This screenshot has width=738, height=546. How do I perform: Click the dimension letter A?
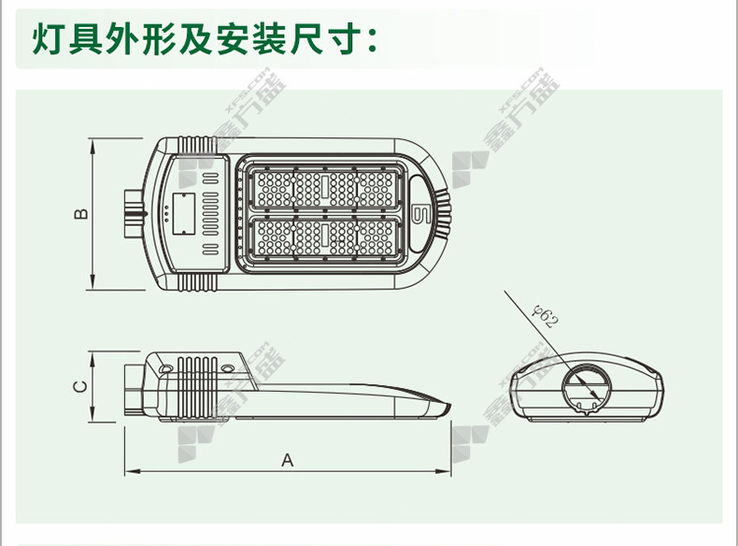click(x=288, y=460)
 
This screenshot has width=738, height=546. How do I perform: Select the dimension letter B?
click(x=81, y=213)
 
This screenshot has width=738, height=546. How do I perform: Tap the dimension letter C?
click(x=81, y=385)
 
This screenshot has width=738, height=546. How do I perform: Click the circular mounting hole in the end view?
click(x=586, y=387)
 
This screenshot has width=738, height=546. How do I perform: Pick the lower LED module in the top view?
click(x=325, y=239)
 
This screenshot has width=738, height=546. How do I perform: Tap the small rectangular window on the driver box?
click(x=182, y=213)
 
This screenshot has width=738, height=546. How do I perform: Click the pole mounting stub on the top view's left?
click(x=132, y=213)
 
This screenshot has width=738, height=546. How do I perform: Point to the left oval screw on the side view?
click(x=165, y=370)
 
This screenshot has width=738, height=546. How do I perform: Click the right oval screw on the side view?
click(x=227, y=370)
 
